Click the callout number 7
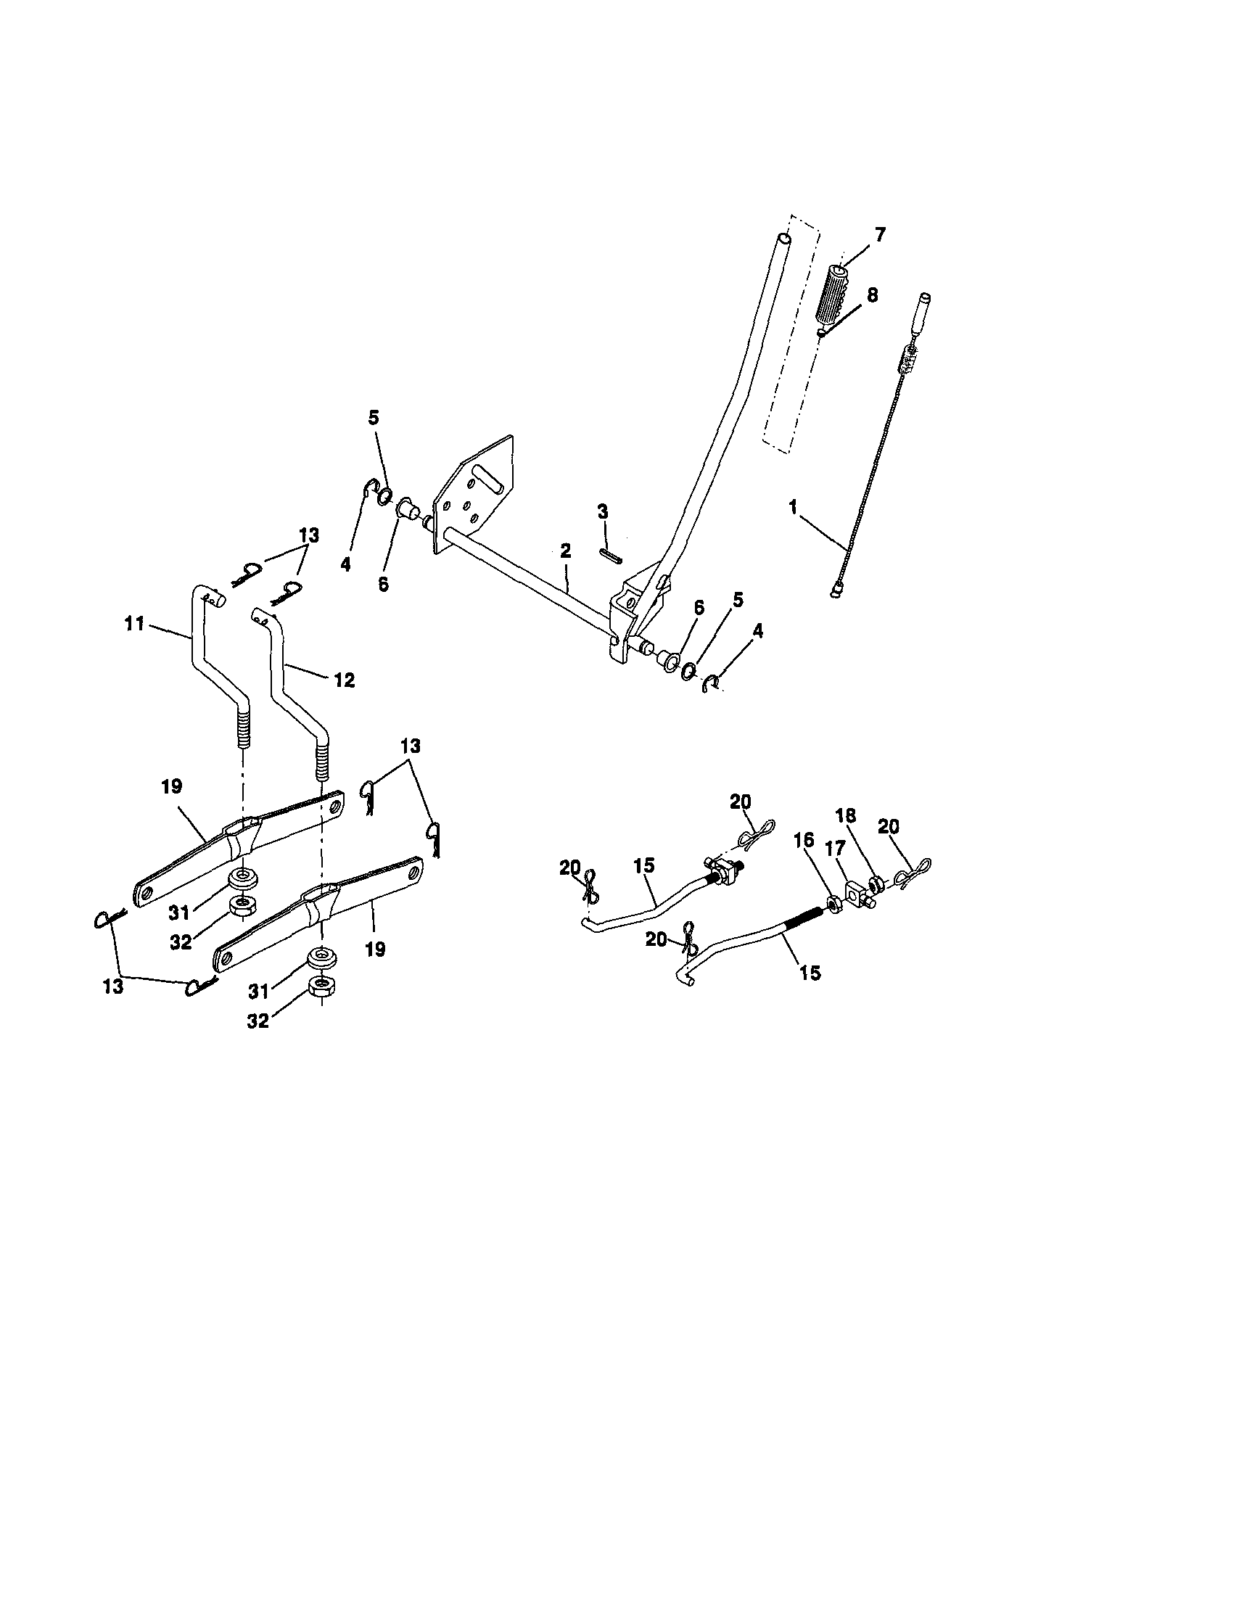point(879,236)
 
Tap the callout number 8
point(872,294)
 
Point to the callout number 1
point(793,507)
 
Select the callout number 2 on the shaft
point(566,550)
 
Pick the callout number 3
point(603,511)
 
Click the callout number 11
point(134,625)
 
